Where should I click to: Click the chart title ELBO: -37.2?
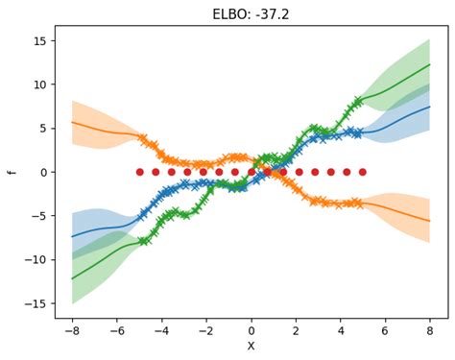[251, 13]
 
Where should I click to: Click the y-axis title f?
[12, 172]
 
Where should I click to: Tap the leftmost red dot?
[139, 172]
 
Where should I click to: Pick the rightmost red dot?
[362, 172]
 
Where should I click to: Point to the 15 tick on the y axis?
[39, 40]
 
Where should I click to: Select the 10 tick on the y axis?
[39, 84]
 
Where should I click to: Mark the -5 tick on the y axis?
[39, 216]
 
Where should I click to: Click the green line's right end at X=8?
[430, 64]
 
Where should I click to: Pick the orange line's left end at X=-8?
[73, 123]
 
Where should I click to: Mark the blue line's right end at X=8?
[430, 107]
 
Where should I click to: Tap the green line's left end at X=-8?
[73, 278]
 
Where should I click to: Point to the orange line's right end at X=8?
[430, 221]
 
